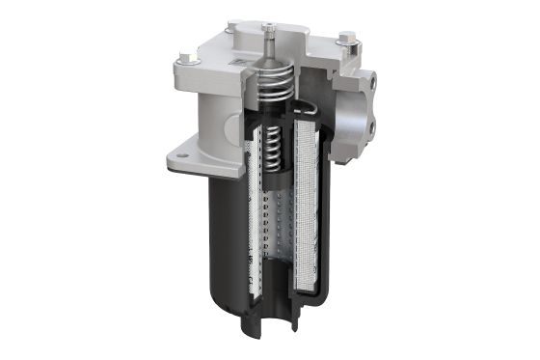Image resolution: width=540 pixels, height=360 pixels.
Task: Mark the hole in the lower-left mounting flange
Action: pos(179,151)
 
